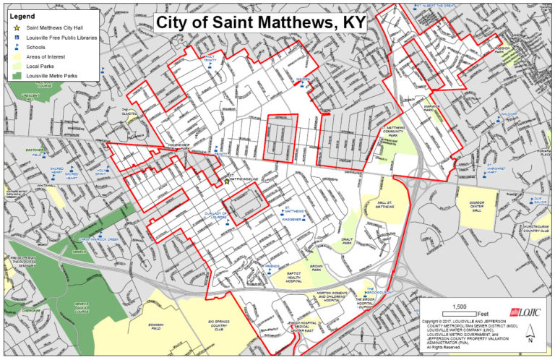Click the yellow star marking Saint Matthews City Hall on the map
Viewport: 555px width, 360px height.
(226, 181)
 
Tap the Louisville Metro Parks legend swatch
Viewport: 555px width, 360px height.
(16, 75)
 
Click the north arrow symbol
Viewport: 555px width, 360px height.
(529, 335)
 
